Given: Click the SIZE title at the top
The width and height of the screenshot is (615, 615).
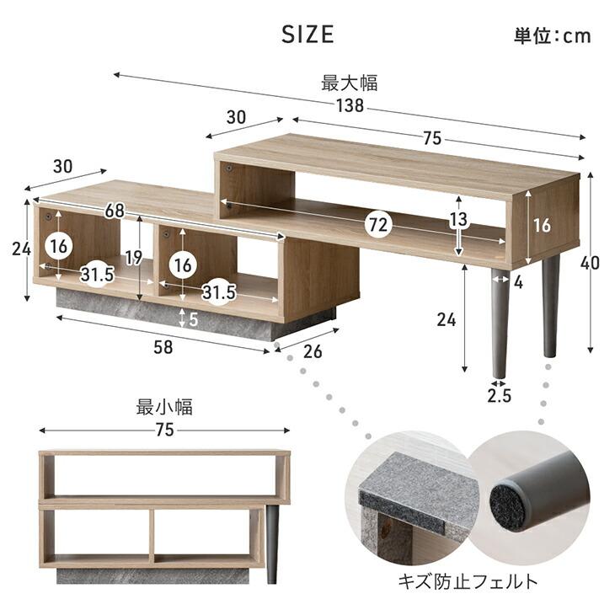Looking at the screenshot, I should pyautogui.click(x=307, y=35).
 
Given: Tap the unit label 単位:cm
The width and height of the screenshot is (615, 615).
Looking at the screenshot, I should pyautogui.click(x=552, y=35).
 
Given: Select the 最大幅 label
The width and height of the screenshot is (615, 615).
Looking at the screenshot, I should pyautogui.click(x=349, y=83).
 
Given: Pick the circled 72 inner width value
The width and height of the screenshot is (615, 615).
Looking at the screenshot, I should pyautogui.click(x=378, y=225).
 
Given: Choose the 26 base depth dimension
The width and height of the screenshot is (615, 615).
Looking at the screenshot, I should pyautogui.click(x=313, y=351).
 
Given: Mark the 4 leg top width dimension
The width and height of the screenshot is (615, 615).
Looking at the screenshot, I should pyautogui.click(x=519, y=282).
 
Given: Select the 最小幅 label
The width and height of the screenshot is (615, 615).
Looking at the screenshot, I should pyautogui.click(x=164, y=408).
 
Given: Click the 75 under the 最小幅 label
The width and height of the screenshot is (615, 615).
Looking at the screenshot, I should pyautogui.click(x=164, y=430).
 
